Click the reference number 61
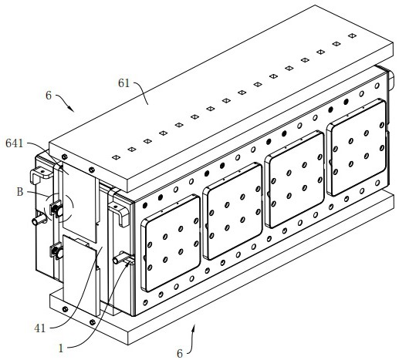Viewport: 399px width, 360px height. coord(123,83)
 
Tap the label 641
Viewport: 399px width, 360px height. coord(15,143)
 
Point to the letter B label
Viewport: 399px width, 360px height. coord(20,192)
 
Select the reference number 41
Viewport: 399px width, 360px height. coord(40,328)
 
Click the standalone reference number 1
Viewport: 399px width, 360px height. coord(61,348)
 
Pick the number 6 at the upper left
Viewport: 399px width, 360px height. coord(49,96)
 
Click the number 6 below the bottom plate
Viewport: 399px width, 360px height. coord(180,354)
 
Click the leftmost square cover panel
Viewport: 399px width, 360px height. coord(171,243)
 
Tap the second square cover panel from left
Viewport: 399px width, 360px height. coord(232,211)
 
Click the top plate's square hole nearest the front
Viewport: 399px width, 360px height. coord(116,157)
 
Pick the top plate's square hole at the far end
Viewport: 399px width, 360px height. coord(352,35)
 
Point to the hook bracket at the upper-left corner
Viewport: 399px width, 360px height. coord(41,174)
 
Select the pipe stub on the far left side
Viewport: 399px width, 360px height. coord(39,220)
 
